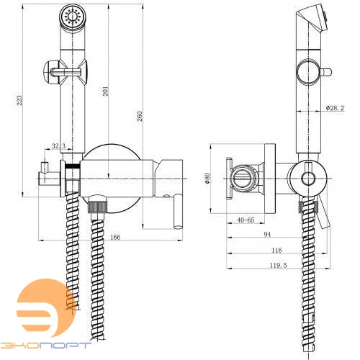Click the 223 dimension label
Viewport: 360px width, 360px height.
tap(19, 100)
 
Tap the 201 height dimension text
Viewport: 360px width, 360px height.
tap(106, 91)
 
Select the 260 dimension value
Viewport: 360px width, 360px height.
tap(140, 116)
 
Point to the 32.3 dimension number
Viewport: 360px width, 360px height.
tap(58, 145)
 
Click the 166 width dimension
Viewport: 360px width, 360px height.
tap(115, 237)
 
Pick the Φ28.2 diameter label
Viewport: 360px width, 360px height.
tap(335, 108)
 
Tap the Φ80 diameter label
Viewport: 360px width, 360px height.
tap(207, 178)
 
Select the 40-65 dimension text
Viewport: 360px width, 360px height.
tap(246, 220)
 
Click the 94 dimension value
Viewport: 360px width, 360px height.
tap(267, 234)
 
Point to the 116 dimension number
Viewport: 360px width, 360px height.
tap(276, 250)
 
